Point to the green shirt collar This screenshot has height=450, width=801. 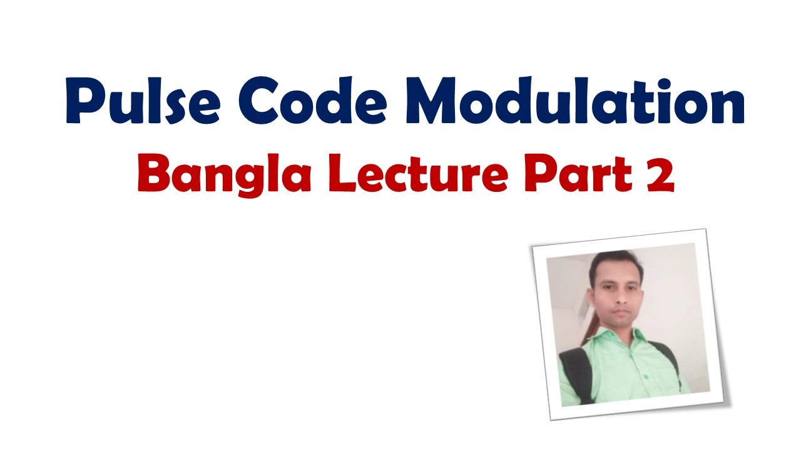click(632, 337)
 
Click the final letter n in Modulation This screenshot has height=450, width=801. click(726, 106)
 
